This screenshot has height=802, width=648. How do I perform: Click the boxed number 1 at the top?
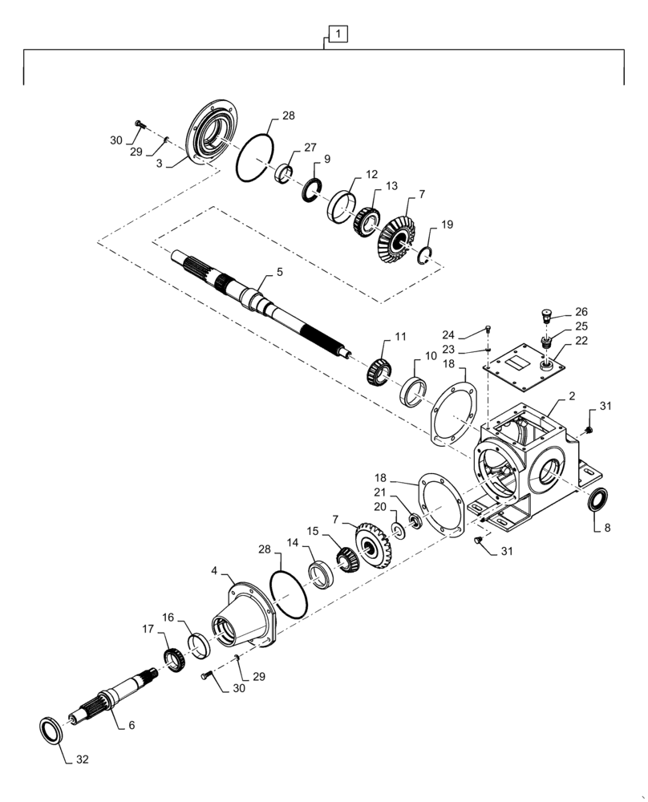tap(339, 34)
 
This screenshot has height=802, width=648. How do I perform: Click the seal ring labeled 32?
tap(54, 731)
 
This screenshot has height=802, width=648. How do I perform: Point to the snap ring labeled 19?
tap(427, 254)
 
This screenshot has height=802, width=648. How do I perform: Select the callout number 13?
tap(391, 186)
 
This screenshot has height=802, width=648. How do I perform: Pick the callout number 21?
tap(379, 492)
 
